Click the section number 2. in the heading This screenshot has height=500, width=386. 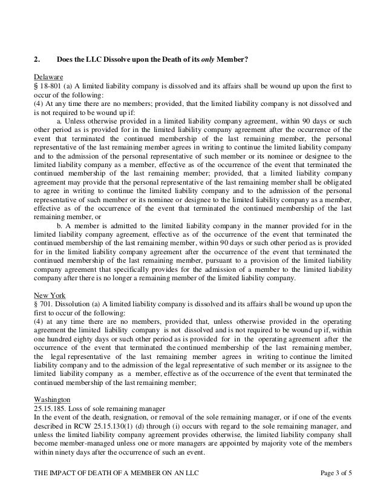click(36, 59)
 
